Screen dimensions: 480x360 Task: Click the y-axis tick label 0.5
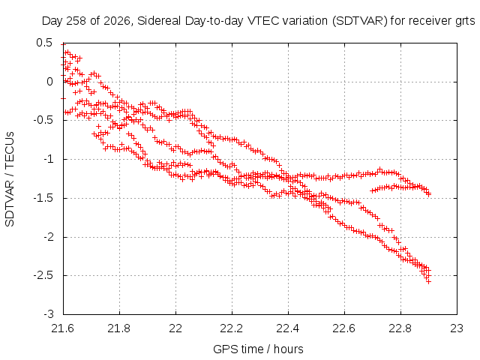point(44,43)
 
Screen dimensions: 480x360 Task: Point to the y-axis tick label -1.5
point(43,198)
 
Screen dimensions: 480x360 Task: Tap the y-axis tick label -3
point(48,314)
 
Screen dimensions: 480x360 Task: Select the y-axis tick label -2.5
point(43,275)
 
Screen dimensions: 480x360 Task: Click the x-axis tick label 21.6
point(62,328)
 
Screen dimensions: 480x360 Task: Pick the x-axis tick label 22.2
point(232,328)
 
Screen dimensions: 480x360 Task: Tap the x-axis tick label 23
point(457,328)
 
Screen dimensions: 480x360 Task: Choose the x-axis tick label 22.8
point(400,328)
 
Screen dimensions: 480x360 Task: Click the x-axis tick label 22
point(175,328)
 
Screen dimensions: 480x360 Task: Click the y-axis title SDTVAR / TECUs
point(10,179)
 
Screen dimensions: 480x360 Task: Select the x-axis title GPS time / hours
point(258,349)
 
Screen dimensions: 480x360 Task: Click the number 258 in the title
point(78,21)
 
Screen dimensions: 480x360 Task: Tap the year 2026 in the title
point(118,21)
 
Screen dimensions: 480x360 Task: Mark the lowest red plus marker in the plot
point(428,282)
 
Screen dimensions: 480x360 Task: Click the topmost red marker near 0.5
point(63,44)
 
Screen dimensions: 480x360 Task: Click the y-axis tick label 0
point(49,82)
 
